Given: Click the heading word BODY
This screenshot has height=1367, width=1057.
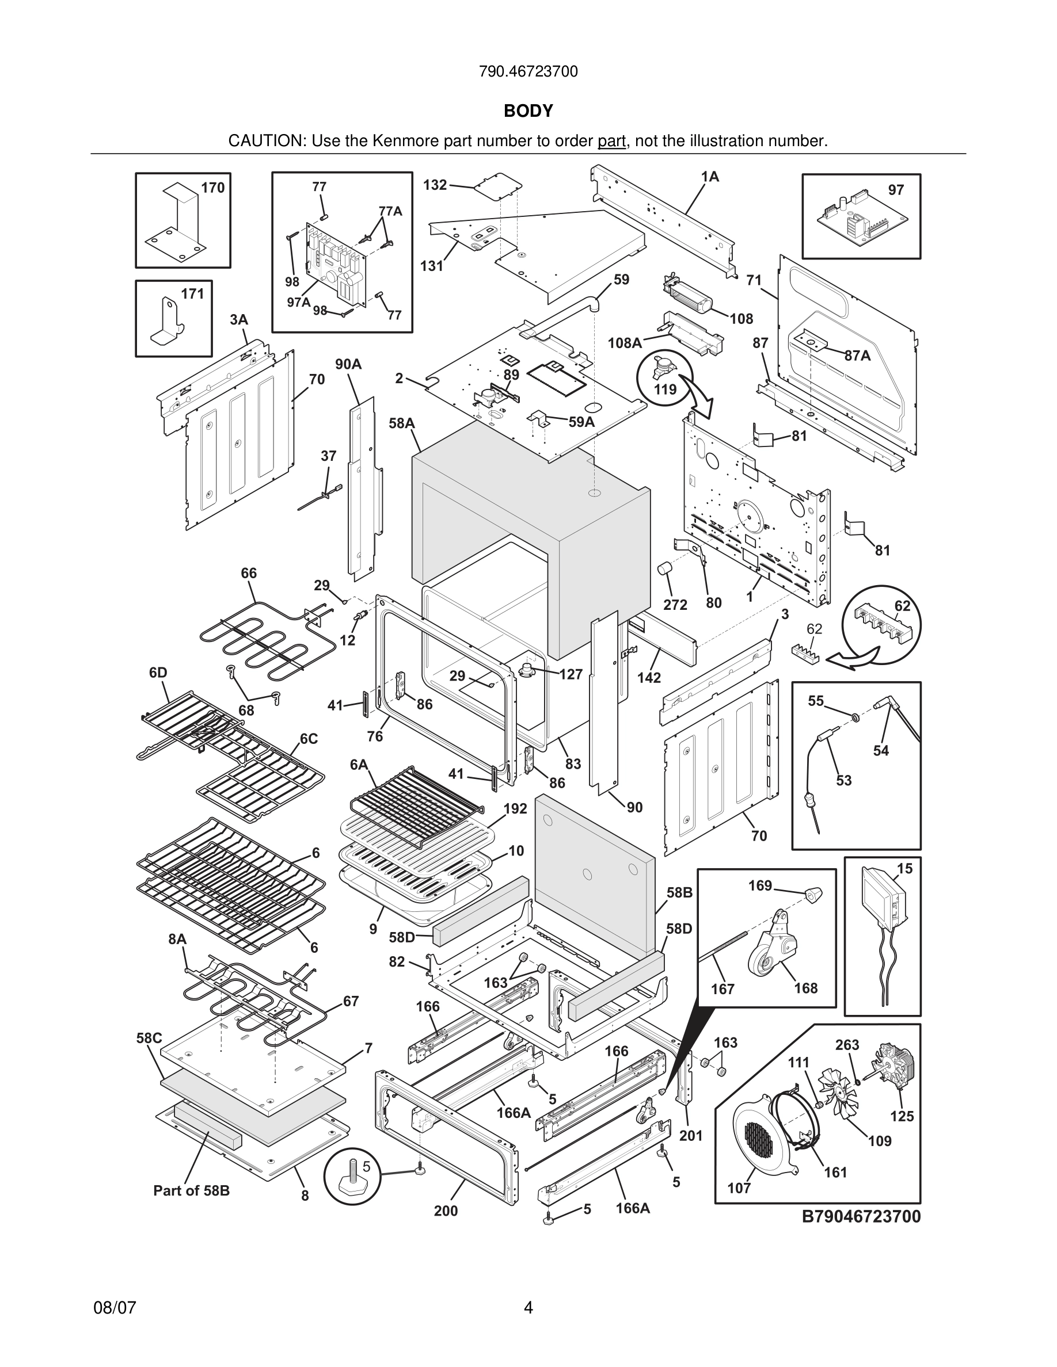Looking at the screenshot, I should (528, 111).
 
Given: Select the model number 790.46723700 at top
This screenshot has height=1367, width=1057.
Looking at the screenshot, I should (528, 71).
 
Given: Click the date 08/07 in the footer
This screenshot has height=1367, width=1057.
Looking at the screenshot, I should (115, 1308).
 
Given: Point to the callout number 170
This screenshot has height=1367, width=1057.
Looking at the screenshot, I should (213, 188).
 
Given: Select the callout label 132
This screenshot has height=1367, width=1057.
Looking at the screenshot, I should (435, 185).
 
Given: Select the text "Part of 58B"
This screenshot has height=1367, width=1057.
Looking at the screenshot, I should (192, 1190).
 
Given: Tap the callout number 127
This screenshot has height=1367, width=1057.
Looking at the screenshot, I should (571, 674).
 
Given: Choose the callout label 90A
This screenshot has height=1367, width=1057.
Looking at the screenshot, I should (348, 364).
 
